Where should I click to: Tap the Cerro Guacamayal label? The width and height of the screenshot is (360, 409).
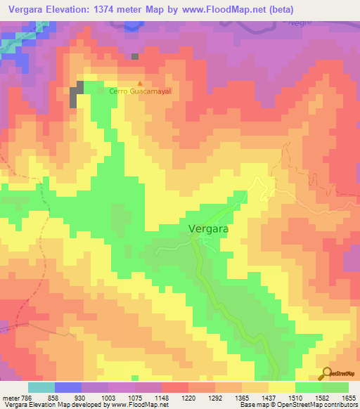tap(140, 91)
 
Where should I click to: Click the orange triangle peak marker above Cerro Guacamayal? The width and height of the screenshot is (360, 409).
tap(139, 82)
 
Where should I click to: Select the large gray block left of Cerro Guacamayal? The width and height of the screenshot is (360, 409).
tap(77, 93)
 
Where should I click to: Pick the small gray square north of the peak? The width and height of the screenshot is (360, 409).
tap(135, 56)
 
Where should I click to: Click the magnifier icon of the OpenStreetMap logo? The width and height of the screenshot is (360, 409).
tap(328, 372)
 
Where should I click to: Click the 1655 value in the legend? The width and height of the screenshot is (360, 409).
tap(348, 397)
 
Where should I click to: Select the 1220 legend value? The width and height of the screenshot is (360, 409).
tap(188, 397)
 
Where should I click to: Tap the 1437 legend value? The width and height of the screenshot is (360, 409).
tap(269, 397)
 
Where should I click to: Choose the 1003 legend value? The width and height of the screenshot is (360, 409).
tap(109, 397)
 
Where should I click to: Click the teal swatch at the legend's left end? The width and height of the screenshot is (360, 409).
tap(41, 387)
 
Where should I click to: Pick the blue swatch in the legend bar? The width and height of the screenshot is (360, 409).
tap(68, 387)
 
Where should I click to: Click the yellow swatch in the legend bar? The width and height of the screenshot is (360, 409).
tap(281, 387)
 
